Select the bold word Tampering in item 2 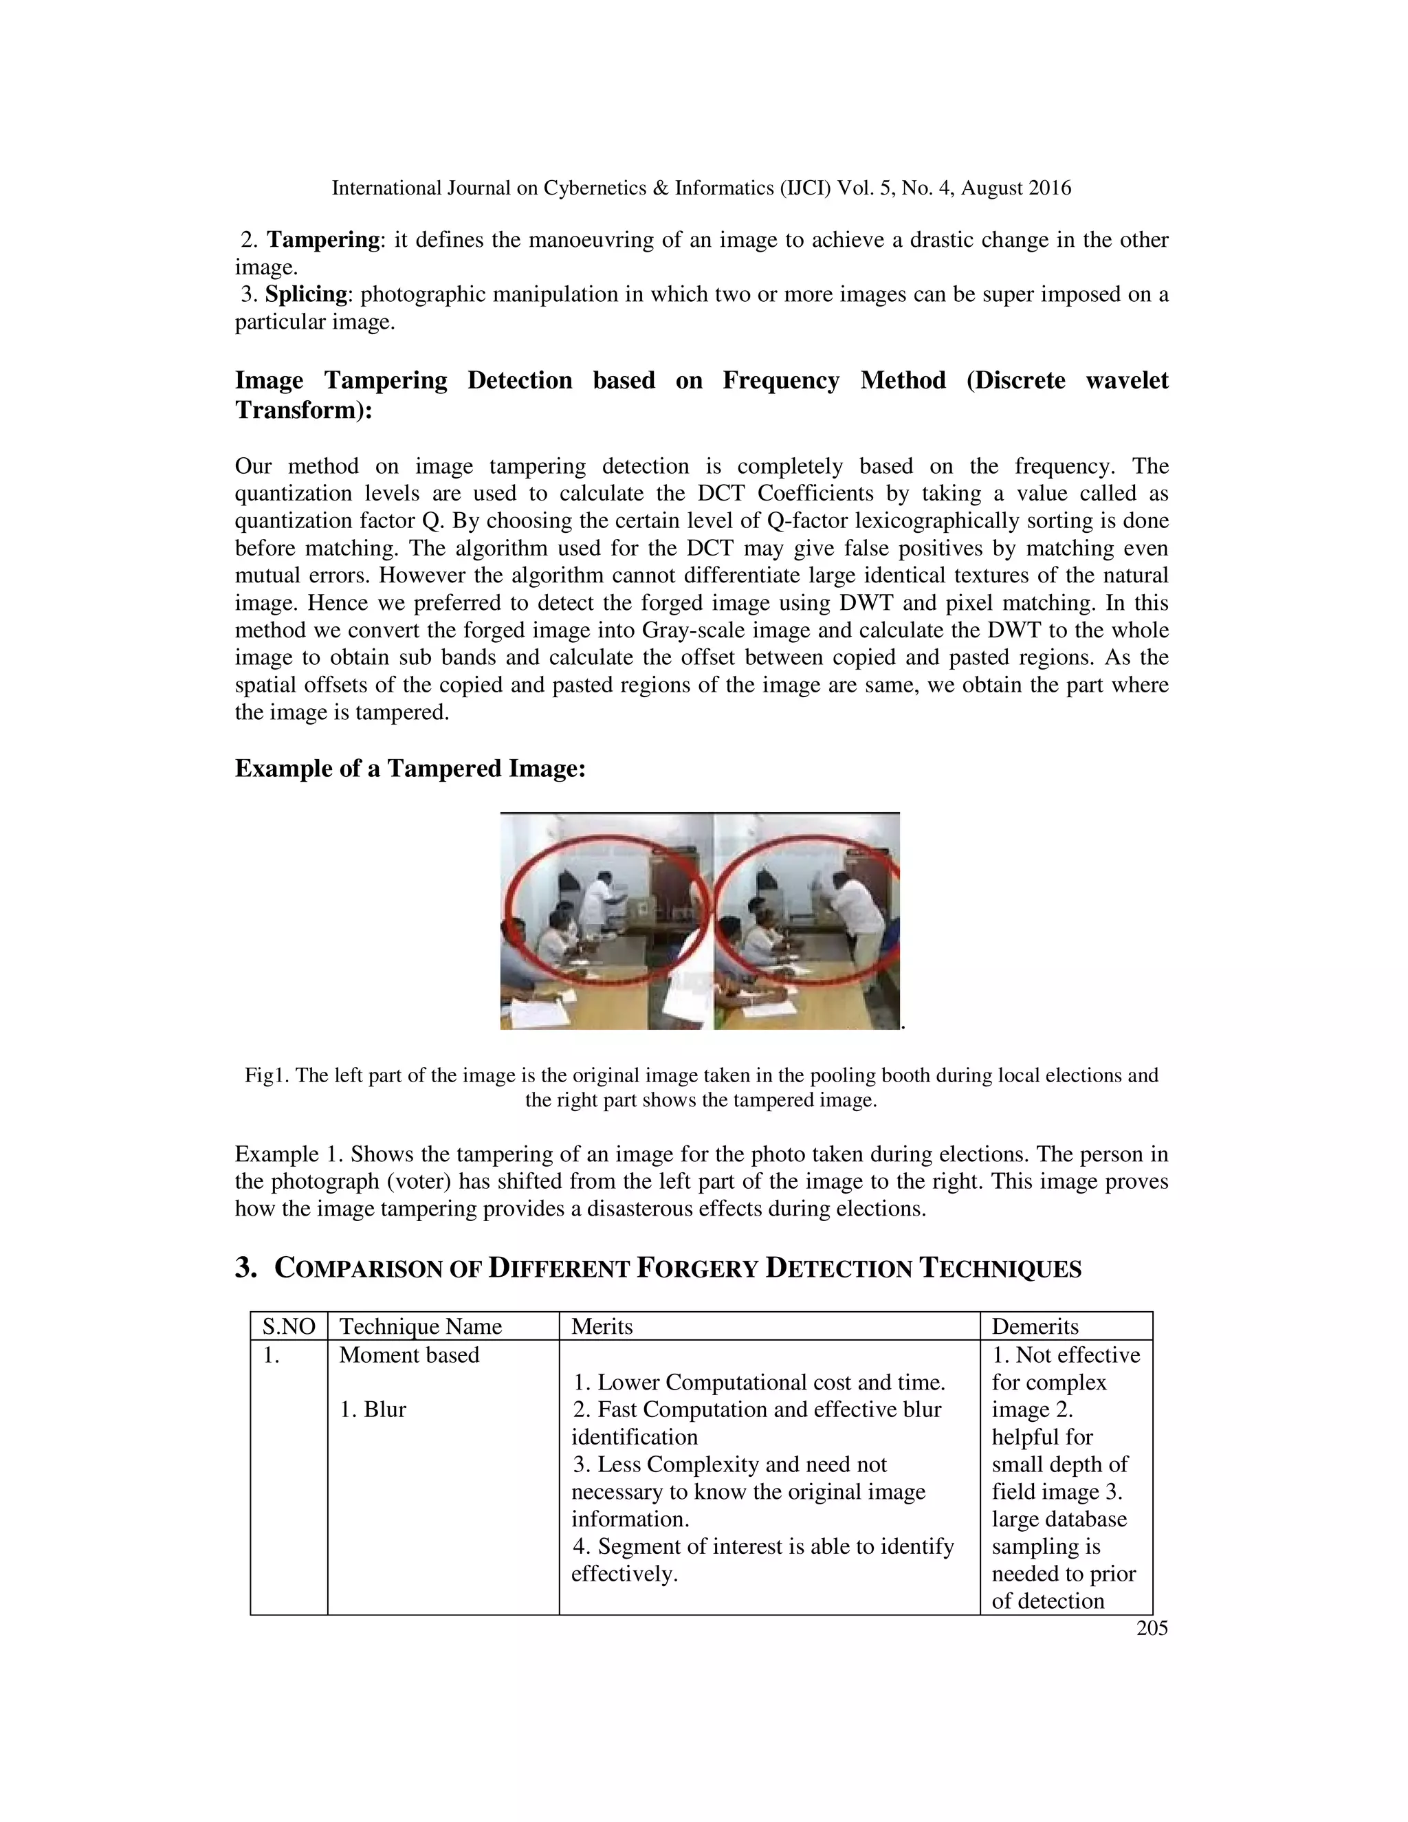click(x=323, y=240)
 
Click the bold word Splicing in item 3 click(x=306, y=294)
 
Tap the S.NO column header click(x=289, y=1326)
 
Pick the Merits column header click(x=602, y=1326)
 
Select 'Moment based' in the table click(x=409, y=1355)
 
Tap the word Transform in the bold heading click(x=296, y=410)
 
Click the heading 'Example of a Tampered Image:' click(x=410, y=769)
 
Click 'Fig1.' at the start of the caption click(x=266, y=1075)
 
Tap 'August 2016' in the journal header click(x=1015, y=188)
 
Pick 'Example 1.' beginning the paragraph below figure click(x=289, y=1154)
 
